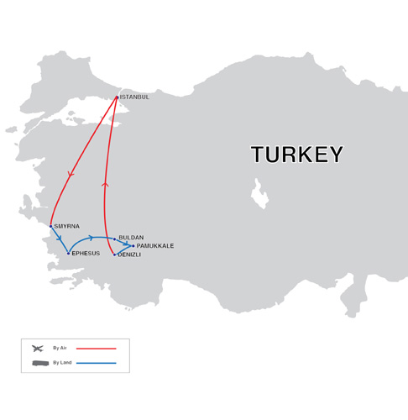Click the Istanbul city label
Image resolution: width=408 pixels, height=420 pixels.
pyautogui.click(x=135, y=97)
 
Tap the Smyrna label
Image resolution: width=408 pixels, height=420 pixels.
pyautogui.click(x=65, y=227)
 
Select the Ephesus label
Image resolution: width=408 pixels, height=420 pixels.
pyautogui.click(x=86, y=254)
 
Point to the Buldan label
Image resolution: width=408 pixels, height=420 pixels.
pyautogui.click(x=131, y=239)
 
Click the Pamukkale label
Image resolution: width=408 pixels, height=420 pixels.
pyautogui.click(x=155, y=246)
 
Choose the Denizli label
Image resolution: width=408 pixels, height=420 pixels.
pyautogui.click(x=129, y=255)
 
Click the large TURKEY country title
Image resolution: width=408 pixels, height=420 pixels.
pyautogui.click(x=297, y=155)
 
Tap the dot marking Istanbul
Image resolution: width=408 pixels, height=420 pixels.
pyautogui.click(x=118, y=97)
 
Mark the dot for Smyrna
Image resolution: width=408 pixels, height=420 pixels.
pyautogui.click(x=50, y=226)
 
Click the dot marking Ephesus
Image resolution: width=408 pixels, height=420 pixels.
pyautogui.click(x=69, y=253)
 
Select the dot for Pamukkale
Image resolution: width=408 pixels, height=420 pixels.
pyautogui.click(x=133, y=246)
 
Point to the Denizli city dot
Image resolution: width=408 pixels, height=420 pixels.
pyautogui.click(x=114, y=254)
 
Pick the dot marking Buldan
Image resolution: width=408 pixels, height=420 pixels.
pyautogui.click(x=115, y=239)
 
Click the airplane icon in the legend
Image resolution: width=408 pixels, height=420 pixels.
pyautogui.click(x=37, y=348)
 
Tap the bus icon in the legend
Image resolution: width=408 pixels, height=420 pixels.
pyautogui.click(x=39, y=363)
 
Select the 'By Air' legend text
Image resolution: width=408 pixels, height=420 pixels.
pyautogui.click(x=60, y=348)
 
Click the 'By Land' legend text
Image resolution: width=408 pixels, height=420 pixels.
pyautogui.click(x=61, y=363)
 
